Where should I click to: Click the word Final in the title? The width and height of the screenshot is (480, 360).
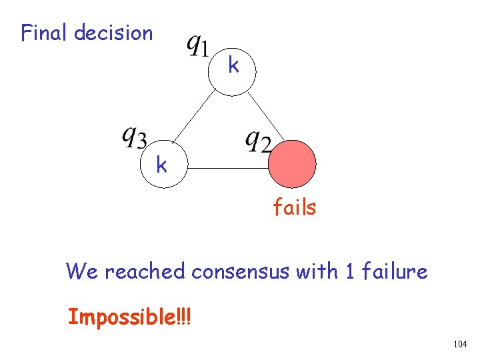[x=45, y=33]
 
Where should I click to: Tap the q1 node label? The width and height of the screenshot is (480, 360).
[x=198, y=46]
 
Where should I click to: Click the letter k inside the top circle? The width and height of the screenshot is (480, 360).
[x=233, y=66]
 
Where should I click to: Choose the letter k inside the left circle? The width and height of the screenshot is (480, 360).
[x=161, y=164]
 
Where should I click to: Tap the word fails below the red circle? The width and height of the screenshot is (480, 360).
[x=294, y=208]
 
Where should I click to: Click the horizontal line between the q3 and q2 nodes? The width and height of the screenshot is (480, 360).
[x=227, y=169]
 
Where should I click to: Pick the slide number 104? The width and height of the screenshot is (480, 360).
[x=459, y=344]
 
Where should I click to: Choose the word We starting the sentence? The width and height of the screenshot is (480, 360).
[x=82, y=271]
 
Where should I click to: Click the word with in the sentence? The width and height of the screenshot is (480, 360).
[x=321, y=271]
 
